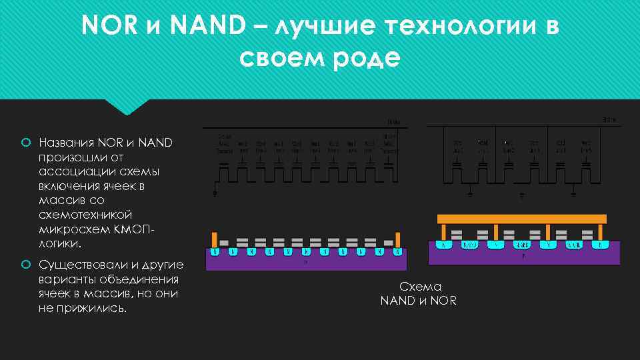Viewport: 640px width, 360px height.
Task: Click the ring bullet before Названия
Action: [x=25, y=142]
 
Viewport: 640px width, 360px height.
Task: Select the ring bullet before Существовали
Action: [x=25, y=265]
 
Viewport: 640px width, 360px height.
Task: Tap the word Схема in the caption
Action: [x=420, y=286]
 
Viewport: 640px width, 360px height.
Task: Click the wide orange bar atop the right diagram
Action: [x=521, y=219]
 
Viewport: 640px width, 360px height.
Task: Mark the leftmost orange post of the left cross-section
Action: [x=214, y=239]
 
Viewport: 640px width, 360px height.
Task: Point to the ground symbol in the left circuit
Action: [x=215, y=194]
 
